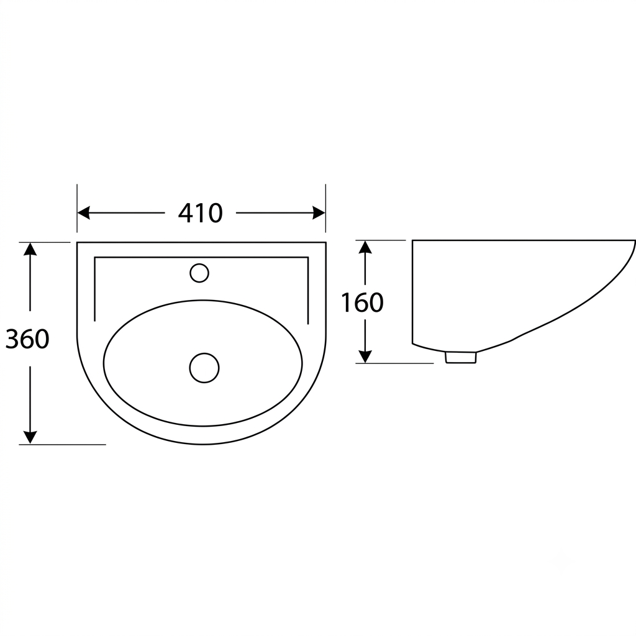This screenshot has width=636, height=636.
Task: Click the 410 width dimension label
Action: coord(201,214)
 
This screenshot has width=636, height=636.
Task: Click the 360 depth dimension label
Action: coord(27,339)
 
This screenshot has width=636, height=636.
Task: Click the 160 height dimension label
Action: coord(362,302)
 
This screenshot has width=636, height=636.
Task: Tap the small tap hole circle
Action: coord(199,273)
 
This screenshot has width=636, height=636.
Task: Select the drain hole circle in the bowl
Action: coord(204,368)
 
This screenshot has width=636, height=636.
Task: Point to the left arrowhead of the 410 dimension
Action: coord(84,213)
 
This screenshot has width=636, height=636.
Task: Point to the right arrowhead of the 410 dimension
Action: coord(319,213)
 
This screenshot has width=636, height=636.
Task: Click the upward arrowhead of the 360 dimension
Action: coord(30,249)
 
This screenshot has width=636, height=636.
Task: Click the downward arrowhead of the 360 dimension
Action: coord(30,437)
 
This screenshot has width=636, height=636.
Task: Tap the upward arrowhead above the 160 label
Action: coord(365,247)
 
